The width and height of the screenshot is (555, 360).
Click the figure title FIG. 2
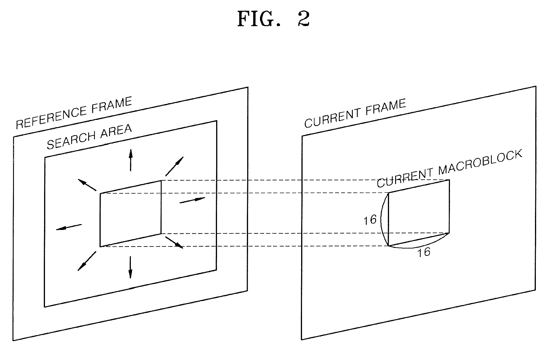tap(274, 19)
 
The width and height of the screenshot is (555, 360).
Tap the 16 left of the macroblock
tap(370, 220)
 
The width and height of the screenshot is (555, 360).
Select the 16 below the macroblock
tap(424, 252)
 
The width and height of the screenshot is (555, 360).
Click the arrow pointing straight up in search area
tap(131, 160)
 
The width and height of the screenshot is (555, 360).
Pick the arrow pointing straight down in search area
tap(130, 267)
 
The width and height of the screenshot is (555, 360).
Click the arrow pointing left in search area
tap(69, 227)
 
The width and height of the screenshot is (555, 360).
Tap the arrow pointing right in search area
tap(192, 200)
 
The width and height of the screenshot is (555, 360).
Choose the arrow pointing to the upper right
tap(174, 166)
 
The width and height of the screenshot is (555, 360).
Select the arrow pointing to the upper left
tap(87, 185)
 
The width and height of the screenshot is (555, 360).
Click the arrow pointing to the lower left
tap(87, 261)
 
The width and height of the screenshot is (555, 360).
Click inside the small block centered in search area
tap(130, 213)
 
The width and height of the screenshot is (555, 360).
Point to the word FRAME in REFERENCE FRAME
tap(112, 105)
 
